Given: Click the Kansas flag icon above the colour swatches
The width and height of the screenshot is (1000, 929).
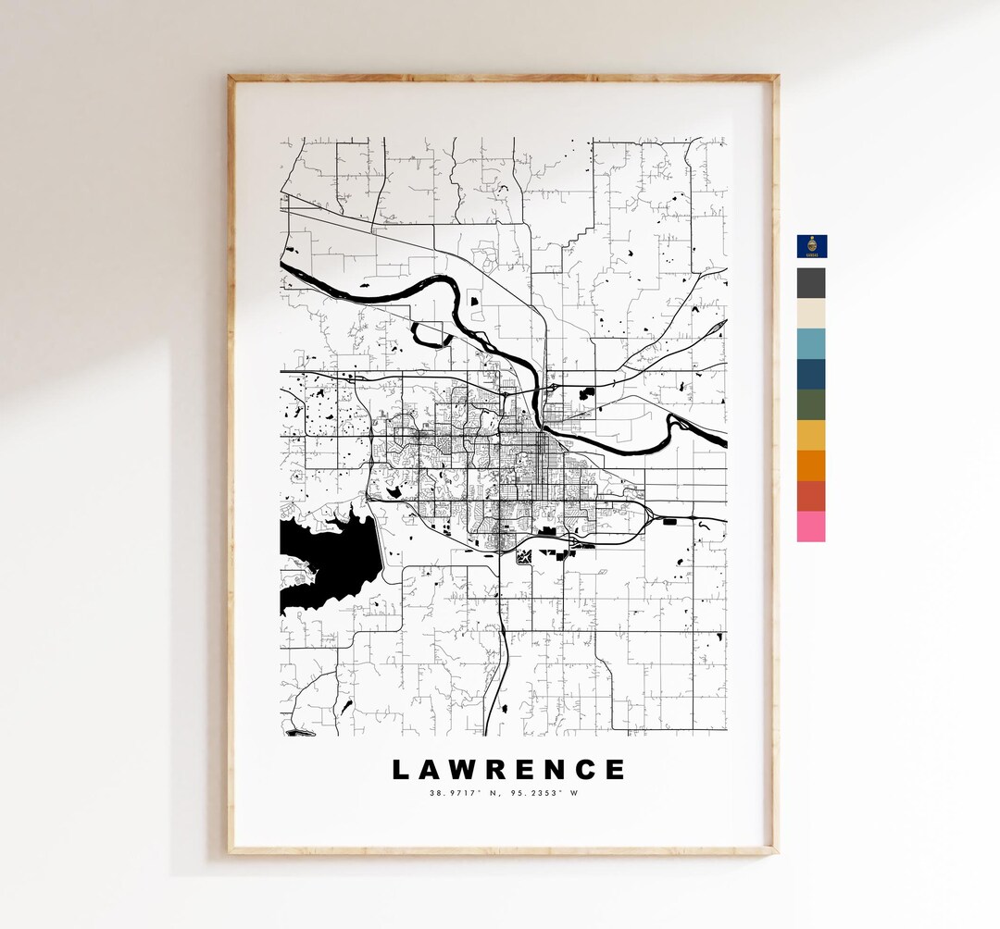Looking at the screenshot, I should pos(811,246).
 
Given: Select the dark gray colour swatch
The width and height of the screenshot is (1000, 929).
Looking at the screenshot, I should pos(811,283).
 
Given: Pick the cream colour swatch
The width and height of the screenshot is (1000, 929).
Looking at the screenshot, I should pos(811,314).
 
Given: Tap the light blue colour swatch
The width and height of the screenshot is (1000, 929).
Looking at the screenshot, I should pos(811,344).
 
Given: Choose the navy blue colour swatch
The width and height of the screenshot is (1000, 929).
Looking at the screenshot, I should pos(811,375).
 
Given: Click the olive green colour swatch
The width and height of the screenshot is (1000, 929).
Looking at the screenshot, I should pos(811,405).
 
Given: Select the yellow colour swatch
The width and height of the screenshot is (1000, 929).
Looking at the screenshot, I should pos(811,436).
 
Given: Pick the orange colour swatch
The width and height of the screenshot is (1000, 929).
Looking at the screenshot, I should pos(811,466).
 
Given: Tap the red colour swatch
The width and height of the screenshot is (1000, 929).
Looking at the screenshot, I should pos(811,496).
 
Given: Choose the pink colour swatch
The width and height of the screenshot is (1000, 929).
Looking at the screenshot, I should pos(811,526).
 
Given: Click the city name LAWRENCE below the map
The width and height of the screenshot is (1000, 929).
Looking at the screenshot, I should pos(508,770).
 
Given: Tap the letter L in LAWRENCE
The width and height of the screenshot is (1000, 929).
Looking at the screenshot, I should pos(400,770).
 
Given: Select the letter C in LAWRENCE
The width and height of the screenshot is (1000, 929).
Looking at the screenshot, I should pos(585,770).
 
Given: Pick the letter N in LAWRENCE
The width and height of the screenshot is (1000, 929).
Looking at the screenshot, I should pos(555,770).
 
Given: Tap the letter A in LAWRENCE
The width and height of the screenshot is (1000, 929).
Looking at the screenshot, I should pos(430,770).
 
